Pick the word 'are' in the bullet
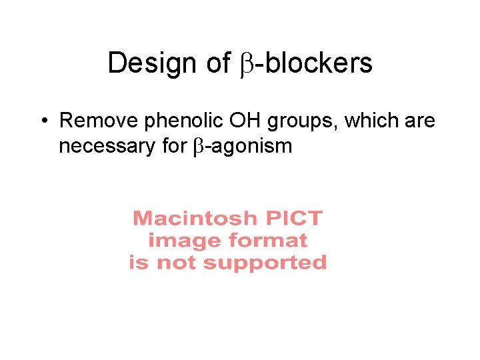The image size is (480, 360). (x=420, y=122)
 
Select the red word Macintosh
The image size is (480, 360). (x=195, y=218)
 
